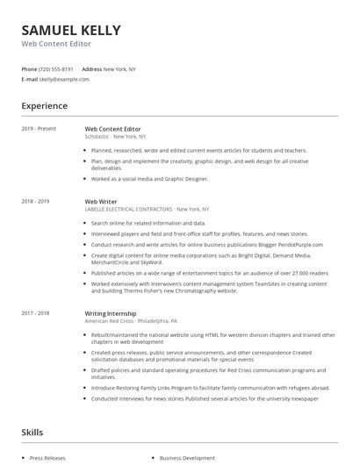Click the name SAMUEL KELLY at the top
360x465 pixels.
coord(71,30)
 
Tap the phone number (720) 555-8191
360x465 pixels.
coord(57,68)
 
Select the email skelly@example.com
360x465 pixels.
coord(65,79)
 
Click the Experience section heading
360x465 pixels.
coord(45,106)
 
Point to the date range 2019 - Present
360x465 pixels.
coord(39,129)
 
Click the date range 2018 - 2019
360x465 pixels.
coord(35,201)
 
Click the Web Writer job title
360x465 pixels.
coord(101,201)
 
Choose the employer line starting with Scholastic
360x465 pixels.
coord(116,137)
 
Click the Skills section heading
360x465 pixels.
coord(32,433)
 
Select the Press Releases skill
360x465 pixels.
coord(47,458)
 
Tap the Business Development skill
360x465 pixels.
coord(187,458)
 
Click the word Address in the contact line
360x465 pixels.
coord(91,68)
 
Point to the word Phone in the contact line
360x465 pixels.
coord(29,68)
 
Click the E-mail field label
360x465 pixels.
coord(30,79)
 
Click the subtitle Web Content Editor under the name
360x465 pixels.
coord(57,43)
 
